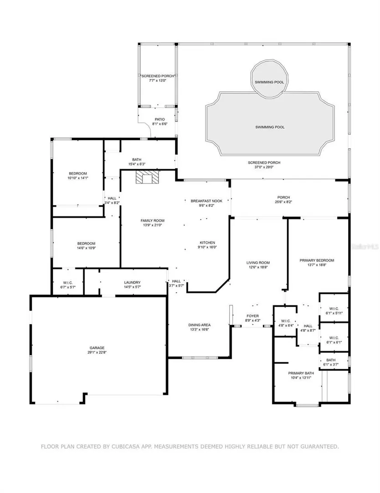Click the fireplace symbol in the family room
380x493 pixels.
[146, 177]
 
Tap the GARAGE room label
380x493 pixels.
[97, 348]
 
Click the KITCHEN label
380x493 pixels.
[207, 242]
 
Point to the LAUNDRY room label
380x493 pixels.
[132, 283]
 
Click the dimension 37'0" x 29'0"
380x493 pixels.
[264, 167]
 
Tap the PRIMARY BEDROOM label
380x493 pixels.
[317, 260]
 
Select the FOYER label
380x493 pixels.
[252, 316]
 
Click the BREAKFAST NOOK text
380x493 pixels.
[206, 201]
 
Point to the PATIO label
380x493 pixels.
[160, 120]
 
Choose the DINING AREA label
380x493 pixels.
[199, 325]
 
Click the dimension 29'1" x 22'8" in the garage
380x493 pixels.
[97, 352]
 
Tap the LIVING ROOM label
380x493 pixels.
[258, 262]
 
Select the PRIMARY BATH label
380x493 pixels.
[301, 373]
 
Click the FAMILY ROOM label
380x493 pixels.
[153, 220]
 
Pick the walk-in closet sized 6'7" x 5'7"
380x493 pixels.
[68, 283]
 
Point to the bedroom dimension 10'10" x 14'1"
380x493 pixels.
[78, 178]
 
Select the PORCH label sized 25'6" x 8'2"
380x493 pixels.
[283, 198]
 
